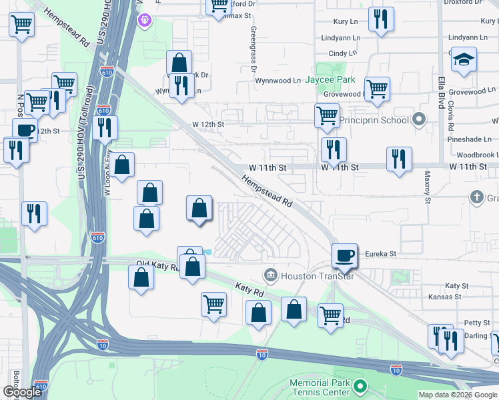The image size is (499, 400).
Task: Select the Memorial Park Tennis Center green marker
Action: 360,386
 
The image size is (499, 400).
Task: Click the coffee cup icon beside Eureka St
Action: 345,255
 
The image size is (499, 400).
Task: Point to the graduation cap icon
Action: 463,61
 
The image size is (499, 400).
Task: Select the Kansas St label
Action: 445,296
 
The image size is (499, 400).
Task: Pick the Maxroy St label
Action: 428,187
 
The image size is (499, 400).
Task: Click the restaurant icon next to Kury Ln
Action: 380,19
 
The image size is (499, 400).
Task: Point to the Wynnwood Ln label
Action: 278,81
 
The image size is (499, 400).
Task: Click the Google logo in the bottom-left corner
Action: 22,392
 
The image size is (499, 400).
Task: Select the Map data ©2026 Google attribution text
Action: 458,395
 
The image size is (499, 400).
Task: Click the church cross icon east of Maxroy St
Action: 476,197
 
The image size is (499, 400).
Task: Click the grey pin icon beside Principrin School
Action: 419,120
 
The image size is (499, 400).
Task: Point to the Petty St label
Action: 477,323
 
